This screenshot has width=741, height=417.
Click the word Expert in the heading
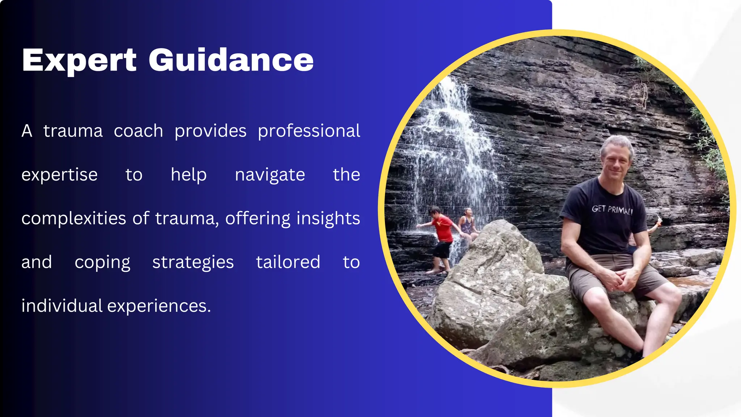(79, 60)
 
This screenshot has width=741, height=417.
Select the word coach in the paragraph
(138, 131)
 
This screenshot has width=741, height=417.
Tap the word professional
(309, 131)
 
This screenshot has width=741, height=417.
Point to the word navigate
(270, 175)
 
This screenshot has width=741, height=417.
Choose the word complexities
(73, 219)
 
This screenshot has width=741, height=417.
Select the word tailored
(288, 262)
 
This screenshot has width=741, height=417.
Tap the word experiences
(159, 306)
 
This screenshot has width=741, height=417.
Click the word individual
(62, 306)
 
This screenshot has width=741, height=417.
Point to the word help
(189, 175)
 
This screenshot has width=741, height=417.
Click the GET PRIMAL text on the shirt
(612, 209)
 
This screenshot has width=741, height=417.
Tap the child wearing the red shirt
(442, 228)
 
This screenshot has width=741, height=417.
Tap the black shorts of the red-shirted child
(442, 250)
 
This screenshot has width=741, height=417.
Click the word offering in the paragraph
(258, 219)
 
